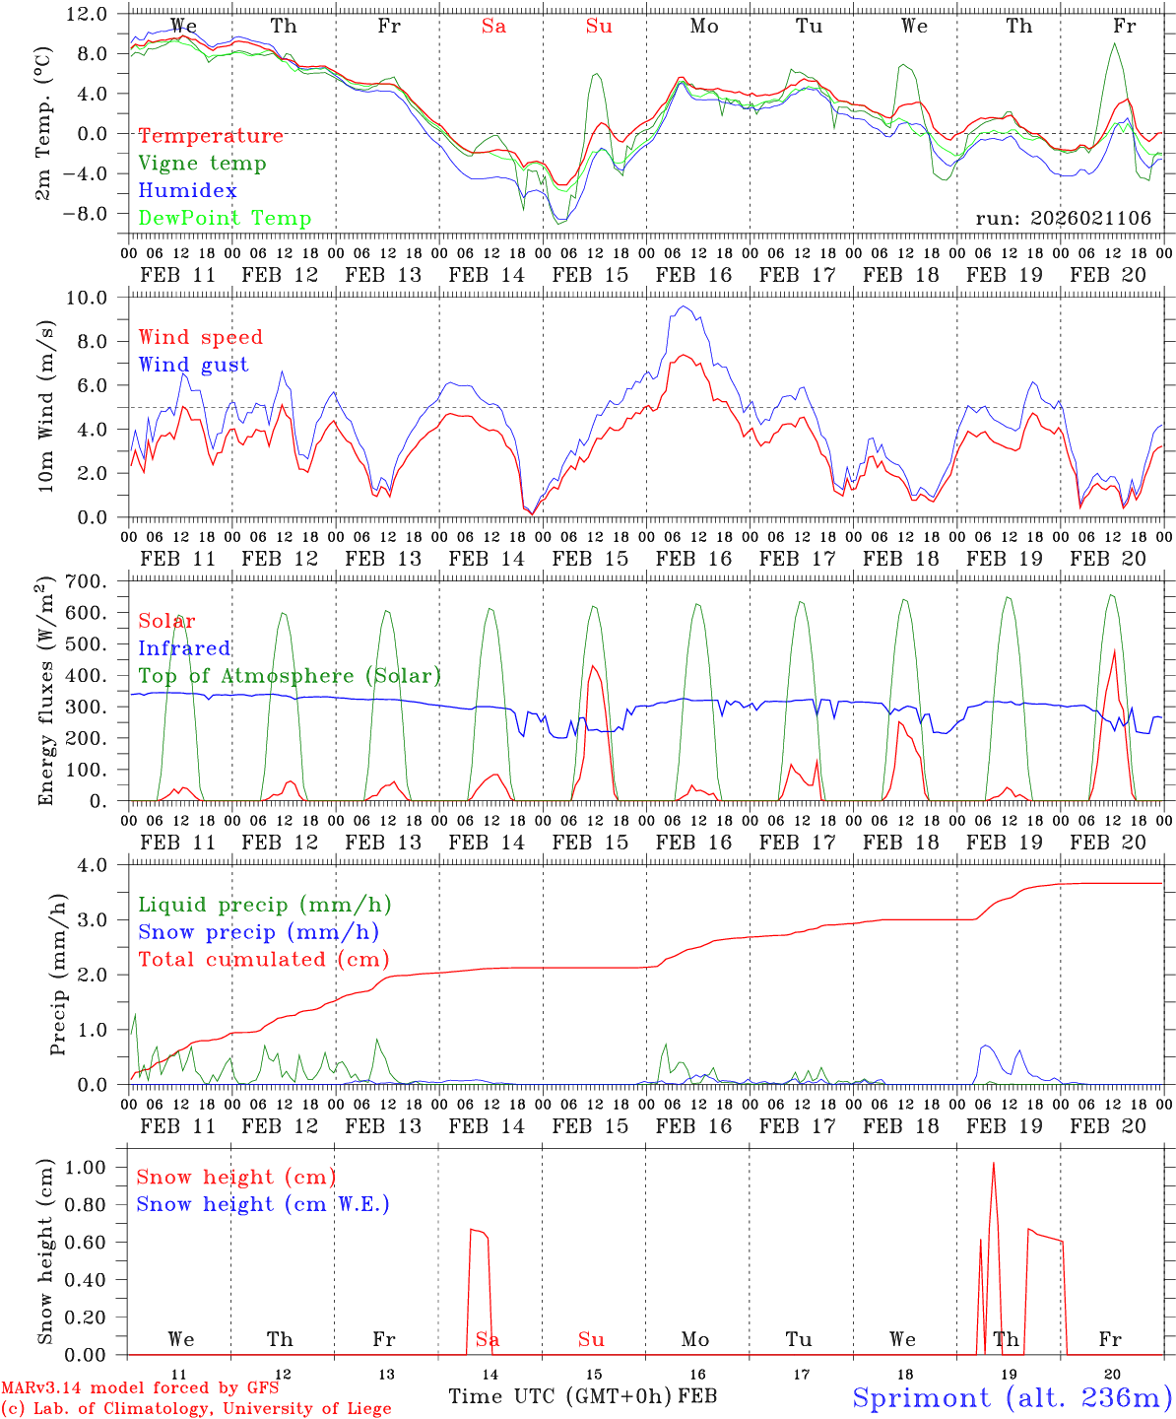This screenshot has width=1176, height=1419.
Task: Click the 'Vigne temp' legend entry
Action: coord(202,164)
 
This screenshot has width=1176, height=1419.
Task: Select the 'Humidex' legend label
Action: coord(187,191)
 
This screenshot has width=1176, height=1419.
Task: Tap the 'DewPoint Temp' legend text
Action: coord(225,219)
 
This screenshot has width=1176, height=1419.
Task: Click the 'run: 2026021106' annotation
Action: coord(1063,219)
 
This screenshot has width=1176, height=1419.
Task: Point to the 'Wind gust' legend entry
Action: coord(193,365)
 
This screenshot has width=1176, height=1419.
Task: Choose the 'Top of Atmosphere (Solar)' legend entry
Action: coord(289,676)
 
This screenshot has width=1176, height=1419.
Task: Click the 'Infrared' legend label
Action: coord(184,648)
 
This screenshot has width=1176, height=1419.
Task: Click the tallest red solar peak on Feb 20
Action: coord(1114,650)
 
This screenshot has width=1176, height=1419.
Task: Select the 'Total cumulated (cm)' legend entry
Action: coord(263,960)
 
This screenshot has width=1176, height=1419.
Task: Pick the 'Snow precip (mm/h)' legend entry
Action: coord(258,932)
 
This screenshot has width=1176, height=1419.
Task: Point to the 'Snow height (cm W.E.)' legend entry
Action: coord(262,1204)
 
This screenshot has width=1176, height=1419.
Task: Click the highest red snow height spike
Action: coord(993,1164)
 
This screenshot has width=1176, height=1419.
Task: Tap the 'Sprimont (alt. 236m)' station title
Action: coord(1012,1397)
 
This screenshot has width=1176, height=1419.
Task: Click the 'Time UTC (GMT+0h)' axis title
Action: coord(560,1396)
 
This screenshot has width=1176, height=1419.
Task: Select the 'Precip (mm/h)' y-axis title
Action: coord(59,1000)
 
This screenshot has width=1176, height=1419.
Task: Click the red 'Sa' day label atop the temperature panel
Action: coord(493,27)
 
